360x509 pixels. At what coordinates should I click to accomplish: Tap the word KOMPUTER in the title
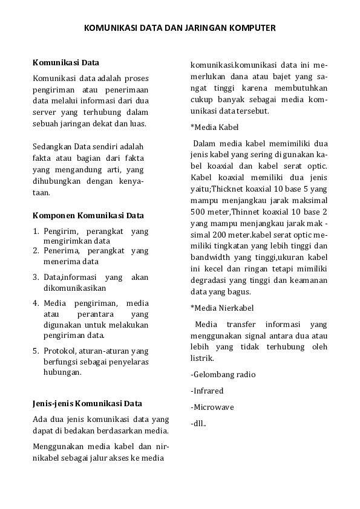252,28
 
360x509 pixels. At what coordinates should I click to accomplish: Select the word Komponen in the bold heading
53,215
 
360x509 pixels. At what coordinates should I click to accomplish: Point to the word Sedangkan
53,147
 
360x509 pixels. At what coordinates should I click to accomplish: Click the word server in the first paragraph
44,112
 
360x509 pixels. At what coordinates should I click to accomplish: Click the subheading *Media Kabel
214,128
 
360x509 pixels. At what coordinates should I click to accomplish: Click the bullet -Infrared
207,391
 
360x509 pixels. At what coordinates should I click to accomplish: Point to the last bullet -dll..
198,423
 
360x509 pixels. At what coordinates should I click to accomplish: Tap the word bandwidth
209,258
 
